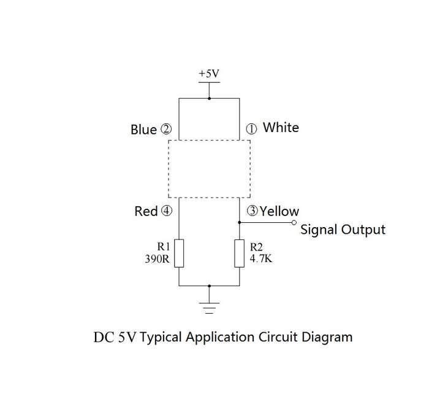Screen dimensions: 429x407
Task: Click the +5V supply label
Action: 209,74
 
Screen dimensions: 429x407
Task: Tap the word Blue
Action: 143,130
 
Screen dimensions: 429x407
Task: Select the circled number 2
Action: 166,129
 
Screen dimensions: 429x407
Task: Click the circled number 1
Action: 251,129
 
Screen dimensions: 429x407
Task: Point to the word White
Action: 281,128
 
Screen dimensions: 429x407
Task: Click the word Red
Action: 146,211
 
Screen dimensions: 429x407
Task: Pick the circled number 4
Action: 166,211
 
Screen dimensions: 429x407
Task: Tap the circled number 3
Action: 252,211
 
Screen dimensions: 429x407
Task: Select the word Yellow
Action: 279,211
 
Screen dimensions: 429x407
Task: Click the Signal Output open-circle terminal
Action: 294,223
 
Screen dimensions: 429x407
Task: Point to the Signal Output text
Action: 343,230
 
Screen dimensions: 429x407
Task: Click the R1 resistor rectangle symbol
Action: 179,254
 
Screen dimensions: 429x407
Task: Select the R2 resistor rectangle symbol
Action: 240,254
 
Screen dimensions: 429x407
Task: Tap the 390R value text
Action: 158,258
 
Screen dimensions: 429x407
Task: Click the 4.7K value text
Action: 261,258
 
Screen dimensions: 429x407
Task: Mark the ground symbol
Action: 209,308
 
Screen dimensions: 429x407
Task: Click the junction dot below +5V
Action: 210,98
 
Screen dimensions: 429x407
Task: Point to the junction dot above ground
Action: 210,286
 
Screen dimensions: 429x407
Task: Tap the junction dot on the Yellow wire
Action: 240,223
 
